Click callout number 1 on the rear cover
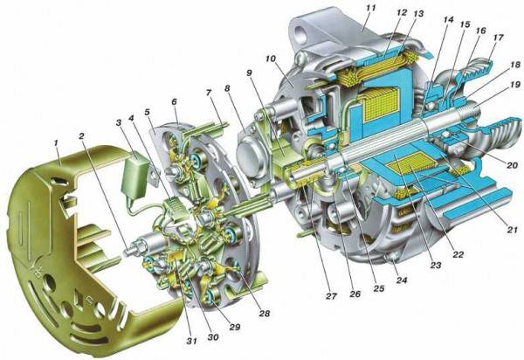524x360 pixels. [x=56, y=143]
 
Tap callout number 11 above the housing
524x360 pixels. [x=370, y=8]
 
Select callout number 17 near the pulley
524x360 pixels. [x=498, y=38]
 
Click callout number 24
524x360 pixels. [x=401, y=280]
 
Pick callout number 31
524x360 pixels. [x=192, y=341]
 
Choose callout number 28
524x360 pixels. [x=264, y=313]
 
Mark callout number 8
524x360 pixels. [x=227, y=88]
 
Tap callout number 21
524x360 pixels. [x=513, y=230]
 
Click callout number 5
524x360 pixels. [x=147, y=112]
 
